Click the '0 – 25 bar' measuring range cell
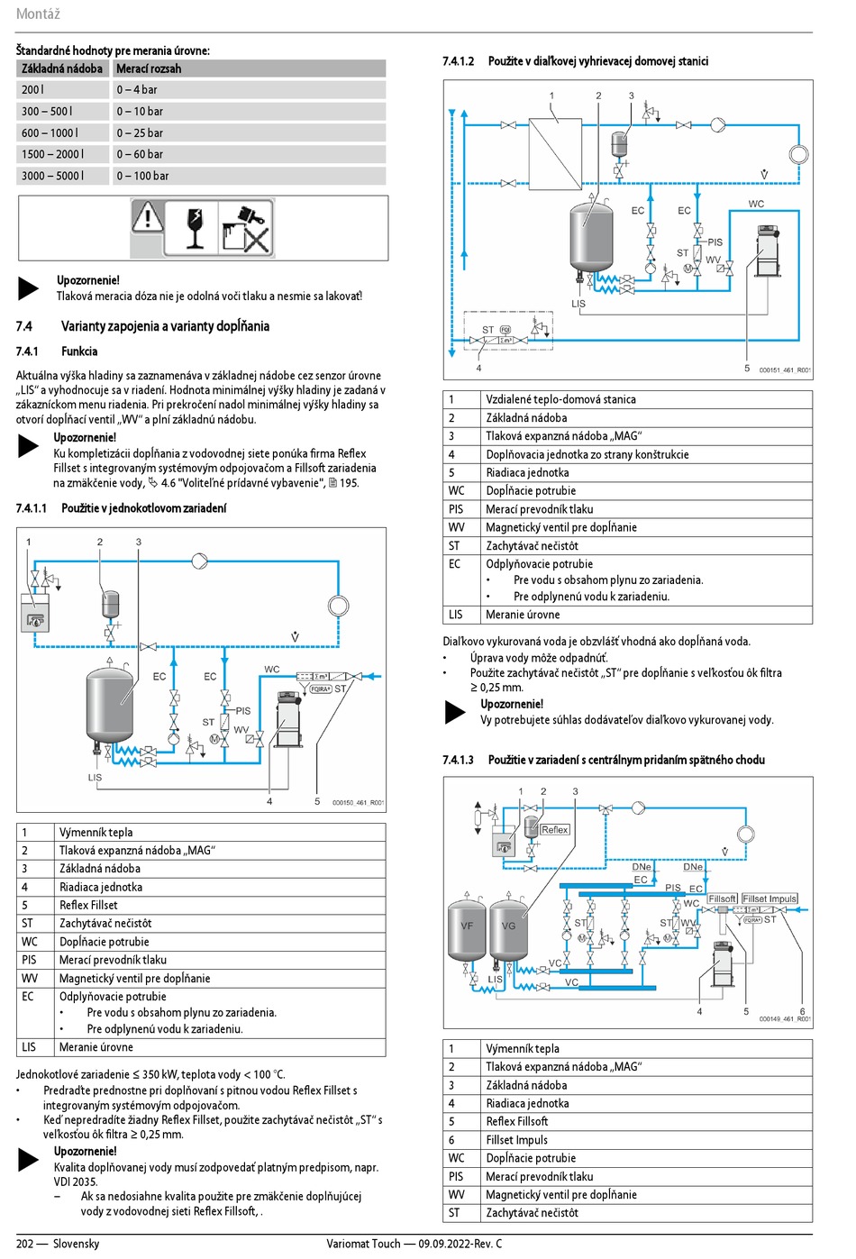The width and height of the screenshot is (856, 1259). [x=140, y=132]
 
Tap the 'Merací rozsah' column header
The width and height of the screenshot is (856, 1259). [x=149, y=68]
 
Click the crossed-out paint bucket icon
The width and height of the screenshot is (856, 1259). [x=245, y=229]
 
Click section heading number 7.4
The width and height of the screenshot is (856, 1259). [x=24, y=326]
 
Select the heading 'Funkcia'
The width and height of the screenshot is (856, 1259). [x=79, y=351]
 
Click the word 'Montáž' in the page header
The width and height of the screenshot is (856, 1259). [x=38, y=14]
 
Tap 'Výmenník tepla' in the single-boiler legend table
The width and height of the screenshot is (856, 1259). [x=96, y=833]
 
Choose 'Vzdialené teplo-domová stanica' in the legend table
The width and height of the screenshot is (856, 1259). [x=560, y=399]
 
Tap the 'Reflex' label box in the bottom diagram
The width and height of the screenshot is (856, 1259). [x=555, y=830]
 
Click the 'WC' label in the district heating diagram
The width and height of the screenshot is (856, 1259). [x=756, y=204]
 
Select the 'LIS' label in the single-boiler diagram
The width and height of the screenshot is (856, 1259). [x=95, y=777]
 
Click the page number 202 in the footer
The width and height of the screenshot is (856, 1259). [x=24, y=1244]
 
